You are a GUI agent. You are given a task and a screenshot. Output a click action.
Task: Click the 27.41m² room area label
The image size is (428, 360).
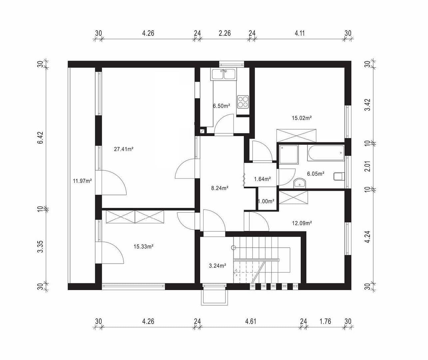coord(124,149)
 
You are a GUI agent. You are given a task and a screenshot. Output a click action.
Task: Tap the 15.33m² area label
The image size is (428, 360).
coord(143,247)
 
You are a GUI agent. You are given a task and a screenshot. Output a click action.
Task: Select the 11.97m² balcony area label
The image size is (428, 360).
coord(82,181)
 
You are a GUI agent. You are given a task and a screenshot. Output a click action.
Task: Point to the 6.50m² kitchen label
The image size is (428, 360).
coord(221,106)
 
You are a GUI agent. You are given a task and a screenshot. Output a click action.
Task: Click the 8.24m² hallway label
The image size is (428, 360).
coord(219,188)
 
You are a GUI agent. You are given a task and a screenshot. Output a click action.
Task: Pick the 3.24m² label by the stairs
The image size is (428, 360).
coord(217,266)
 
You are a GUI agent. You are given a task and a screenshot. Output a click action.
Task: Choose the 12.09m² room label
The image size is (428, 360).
coord(302,223)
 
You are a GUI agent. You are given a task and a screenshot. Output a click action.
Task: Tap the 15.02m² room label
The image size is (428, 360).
coord(301,118)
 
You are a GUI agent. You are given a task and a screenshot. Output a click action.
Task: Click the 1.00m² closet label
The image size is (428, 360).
coord(266,201)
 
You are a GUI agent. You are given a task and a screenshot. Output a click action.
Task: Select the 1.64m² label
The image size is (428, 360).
coord(262,179)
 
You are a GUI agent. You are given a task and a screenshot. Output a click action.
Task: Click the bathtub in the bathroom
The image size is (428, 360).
coord(326,153)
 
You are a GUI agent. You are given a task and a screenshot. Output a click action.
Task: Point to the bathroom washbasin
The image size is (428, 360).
coord(300,183)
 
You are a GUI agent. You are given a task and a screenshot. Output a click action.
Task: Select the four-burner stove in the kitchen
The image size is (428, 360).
coord(242,102)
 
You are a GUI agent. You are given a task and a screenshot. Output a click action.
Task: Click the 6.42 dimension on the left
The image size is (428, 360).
coord(40,137)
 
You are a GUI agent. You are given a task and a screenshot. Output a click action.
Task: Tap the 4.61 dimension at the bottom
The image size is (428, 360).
coord(250,321)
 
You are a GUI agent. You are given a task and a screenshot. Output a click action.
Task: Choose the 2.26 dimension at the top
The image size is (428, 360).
coord(224,33)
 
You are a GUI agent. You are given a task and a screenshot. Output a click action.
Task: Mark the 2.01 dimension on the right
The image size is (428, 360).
coord(367,166)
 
